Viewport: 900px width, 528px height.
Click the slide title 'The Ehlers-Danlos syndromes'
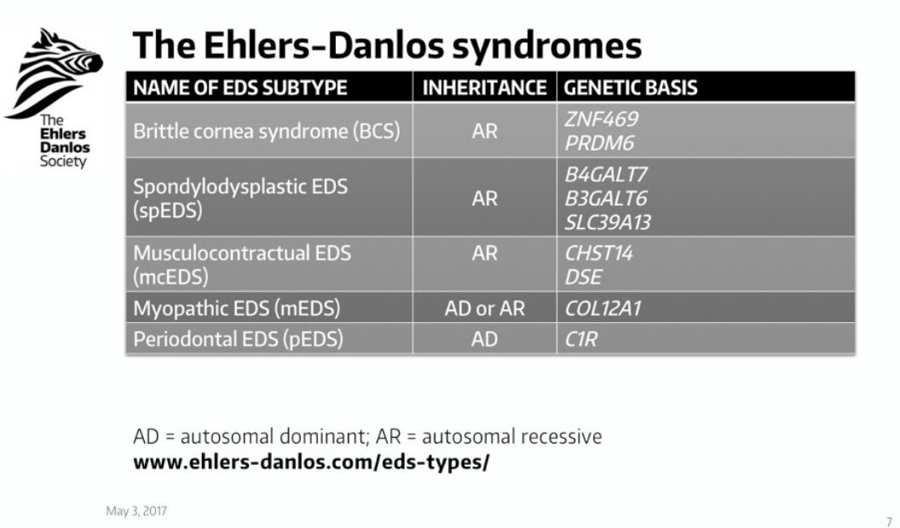tap(387, 45)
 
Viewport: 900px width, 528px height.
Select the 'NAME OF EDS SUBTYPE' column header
tap(240, 88)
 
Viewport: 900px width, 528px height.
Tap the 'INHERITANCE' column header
tap(484, 88)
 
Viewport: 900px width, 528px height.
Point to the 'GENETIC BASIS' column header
tap(632, 88)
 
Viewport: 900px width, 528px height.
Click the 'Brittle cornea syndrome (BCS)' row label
tap(267, 132)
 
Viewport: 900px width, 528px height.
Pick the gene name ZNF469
tap(601, 120)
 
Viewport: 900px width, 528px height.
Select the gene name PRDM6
tap(599, 143)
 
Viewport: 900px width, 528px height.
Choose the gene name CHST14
tap(599, 254)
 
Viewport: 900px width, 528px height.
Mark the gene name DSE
tap(583, 277)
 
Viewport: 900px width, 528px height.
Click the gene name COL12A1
tap(603, 308)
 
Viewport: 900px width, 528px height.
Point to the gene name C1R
tap(581, 339)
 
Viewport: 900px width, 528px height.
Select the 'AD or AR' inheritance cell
tap(484, 308)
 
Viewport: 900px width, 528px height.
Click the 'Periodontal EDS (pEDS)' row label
tap(238, 339)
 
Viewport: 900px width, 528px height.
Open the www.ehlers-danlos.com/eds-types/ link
tap(311, 465)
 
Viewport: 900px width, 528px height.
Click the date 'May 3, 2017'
tap(136, 511)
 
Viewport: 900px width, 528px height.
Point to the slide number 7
tap(889, 520)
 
